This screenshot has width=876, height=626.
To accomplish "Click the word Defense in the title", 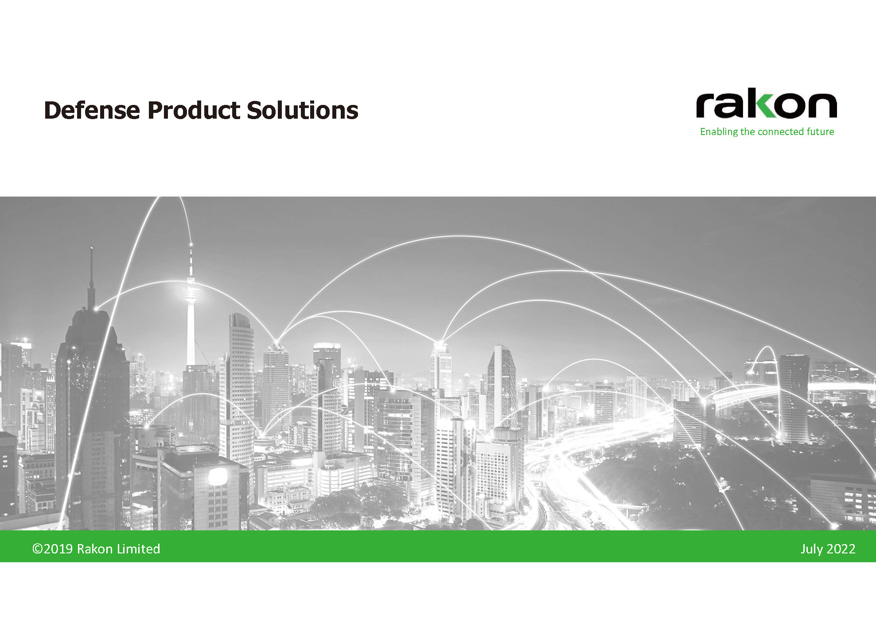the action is [92, 110].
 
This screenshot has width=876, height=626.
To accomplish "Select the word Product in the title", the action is [194, 110].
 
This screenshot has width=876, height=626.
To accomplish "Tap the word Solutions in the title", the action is [303, 110].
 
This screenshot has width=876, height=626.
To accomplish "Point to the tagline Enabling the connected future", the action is [767, 131].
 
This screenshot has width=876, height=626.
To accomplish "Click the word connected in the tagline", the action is [781, 131].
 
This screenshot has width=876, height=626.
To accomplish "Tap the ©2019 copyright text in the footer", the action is [53, 549].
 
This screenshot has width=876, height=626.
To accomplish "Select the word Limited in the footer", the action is [138, 549].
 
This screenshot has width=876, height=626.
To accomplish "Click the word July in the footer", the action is [812, 549].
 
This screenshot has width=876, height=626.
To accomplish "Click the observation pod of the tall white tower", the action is [191, 292].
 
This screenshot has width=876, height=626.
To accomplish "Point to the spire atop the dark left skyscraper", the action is [91, 279].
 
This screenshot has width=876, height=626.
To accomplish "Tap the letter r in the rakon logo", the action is [705, 106].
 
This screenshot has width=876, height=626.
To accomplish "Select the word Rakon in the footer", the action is [95, 549].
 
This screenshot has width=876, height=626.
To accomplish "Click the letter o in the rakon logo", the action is [794, 106].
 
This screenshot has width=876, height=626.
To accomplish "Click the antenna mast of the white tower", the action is [191, 261].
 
